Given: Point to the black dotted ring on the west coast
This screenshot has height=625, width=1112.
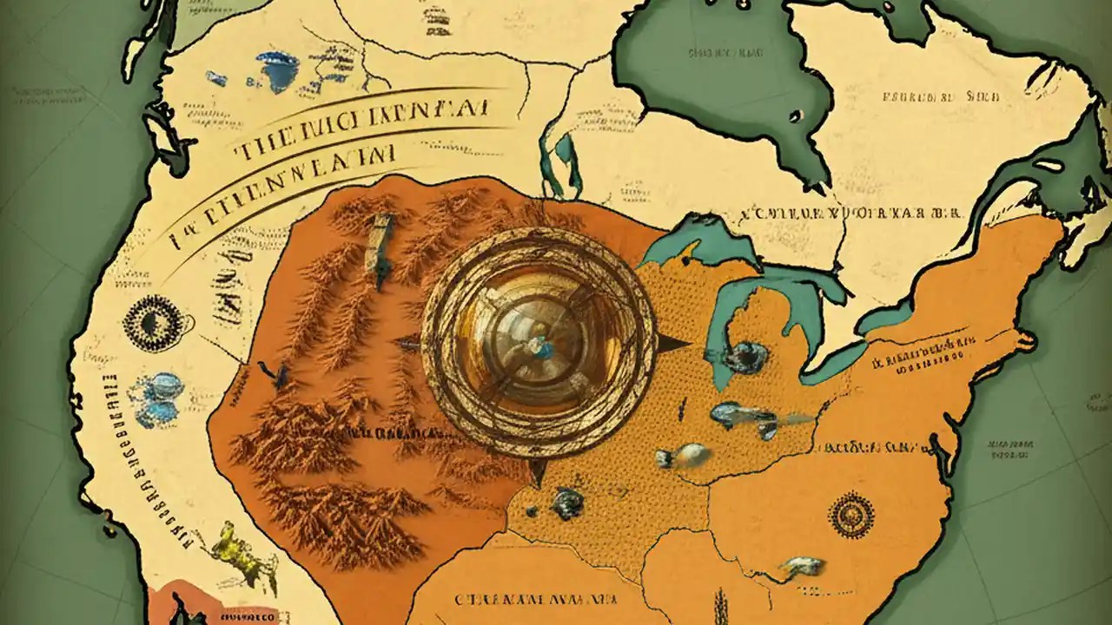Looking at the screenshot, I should pos(154,324).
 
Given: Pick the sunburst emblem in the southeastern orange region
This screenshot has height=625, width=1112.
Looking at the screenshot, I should pos(851,515).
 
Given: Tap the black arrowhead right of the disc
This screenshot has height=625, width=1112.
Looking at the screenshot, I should pos(672,345).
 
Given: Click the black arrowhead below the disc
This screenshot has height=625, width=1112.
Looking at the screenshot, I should pos(538,474).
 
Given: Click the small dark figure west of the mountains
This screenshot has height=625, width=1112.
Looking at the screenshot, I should pos(278,374).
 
